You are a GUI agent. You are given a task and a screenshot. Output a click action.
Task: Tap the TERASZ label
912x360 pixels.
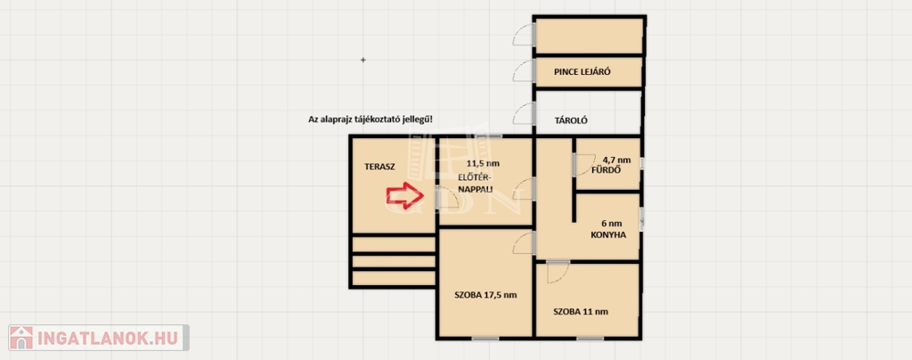click(x=379, y=167)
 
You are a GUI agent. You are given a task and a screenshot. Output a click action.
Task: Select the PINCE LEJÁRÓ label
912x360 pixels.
click(x=578, y=73)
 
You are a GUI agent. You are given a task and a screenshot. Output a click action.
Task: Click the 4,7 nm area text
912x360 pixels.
click(x=616, y=160)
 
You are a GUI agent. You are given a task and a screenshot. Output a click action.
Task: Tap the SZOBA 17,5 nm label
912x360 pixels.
click(x=485, y=295)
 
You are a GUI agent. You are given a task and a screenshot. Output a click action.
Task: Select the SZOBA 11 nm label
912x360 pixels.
click(x=581, y=312)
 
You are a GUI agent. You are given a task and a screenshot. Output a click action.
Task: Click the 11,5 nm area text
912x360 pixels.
click(x=484, y=163)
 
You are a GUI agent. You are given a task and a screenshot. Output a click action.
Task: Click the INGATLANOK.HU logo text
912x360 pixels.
click(x=109, y=338)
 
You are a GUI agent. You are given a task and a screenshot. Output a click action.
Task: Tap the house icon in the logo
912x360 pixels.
click(x=21, y=338)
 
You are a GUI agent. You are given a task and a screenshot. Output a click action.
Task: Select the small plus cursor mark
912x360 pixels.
click(x=363, y=60)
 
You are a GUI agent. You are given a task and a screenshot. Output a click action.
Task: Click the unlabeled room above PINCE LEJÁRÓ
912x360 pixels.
click(x=589, y=36)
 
